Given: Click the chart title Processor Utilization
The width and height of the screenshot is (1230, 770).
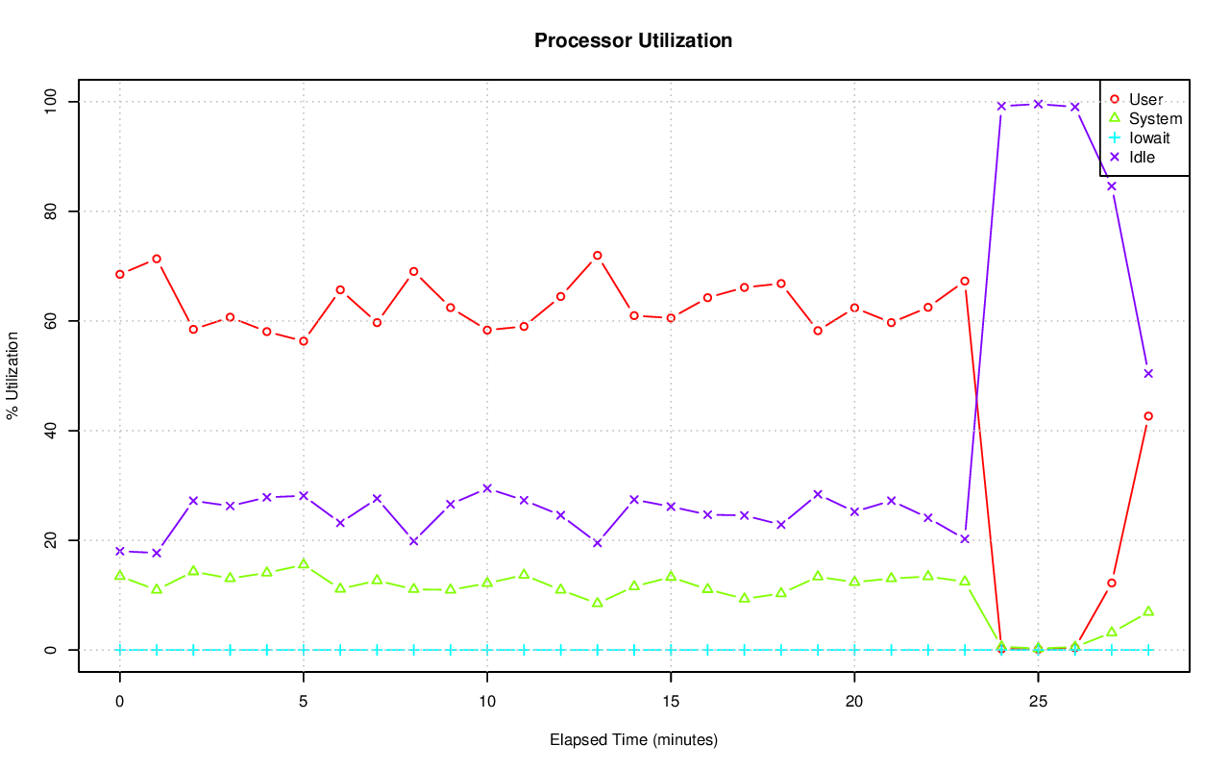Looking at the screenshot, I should coord(633,40).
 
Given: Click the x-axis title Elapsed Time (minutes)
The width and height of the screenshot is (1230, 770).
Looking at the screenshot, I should coord(633,740).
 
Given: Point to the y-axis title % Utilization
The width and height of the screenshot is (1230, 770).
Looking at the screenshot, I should coord(13,375).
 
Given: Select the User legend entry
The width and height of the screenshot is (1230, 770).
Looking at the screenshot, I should coord(1145,99).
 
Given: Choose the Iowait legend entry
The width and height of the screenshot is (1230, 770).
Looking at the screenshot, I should coord(1149,137).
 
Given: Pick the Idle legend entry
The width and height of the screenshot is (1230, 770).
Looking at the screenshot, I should coord(1142,157).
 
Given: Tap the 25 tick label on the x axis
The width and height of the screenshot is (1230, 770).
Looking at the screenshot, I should coord(1038,702).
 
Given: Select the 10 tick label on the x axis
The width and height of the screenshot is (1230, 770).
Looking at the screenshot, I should coord(487,702).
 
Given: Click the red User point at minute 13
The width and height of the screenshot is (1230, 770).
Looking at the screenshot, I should coord(597,256).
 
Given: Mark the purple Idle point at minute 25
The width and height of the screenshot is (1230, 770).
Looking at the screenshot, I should coord(1038,104).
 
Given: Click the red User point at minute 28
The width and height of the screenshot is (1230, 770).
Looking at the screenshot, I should coord(1148,416).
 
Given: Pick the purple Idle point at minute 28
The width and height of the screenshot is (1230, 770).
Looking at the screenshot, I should coord(1148,373).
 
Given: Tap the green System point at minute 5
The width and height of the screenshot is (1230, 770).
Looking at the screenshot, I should coord(304,563).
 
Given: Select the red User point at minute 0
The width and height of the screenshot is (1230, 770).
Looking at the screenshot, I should coord(119,274).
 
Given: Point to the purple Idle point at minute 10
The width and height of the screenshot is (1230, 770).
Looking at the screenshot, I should coord(487,488).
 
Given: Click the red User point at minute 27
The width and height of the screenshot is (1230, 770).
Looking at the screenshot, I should coord(1112,583).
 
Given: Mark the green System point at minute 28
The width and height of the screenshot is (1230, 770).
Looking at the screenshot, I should coord(1148,611).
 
